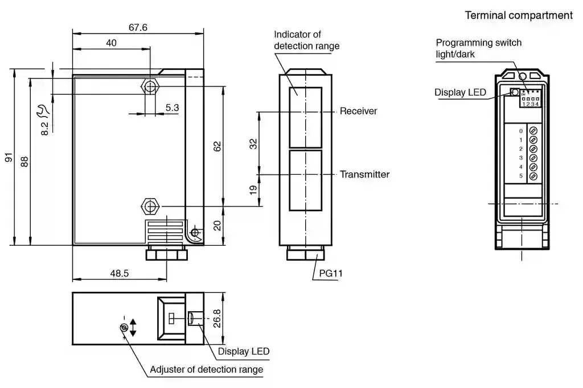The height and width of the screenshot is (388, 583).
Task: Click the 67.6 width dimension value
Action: pyautogui.click(x=138, y=27)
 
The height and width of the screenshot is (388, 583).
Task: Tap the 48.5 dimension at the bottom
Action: pyautogui.click(x=120, y=274)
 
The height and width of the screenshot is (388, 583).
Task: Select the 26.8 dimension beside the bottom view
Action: pyautogui.click(x=217, y=319)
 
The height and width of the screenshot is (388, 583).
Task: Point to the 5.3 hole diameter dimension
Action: pyautogui.click(x=172, y=108)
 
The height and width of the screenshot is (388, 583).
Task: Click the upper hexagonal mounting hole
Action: pyautogui.click(x=150, y=86)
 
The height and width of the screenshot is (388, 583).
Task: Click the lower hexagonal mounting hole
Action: pyautogui.click(x=150, y=206)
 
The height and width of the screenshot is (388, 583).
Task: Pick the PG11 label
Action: pyautogui.click(x=331, y=274)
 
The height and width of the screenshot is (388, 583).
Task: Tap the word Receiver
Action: pyautogui.click(x=359, y=111)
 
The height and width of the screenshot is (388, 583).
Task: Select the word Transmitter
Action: pyautogui.click(x=365, y=174)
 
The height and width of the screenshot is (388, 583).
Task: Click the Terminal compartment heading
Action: pyautogui.click(x=519, y=15)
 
